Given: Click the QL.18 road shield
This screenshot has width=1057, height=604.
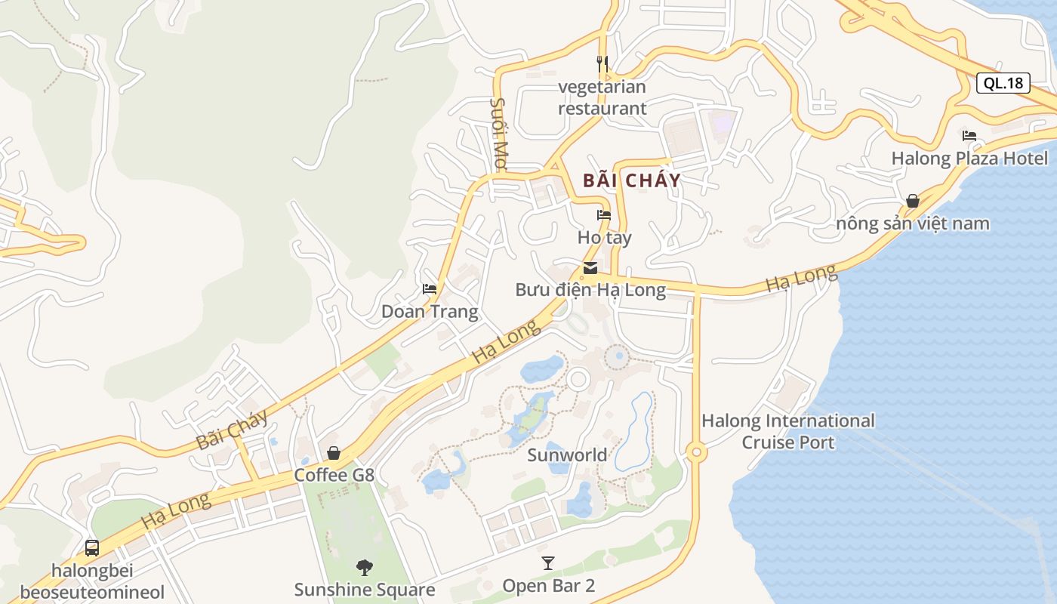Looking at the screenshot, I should click(1003, 83).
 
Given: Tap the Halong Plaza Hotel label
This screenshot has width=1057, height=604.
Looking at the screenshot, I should click(969, 159).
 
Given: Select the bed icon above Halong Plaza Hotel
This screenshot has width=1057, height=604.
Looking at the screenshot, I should click(969, 136).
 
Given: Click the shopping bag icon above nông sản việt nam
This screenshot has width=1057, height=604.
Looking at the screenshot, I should click(913, 201).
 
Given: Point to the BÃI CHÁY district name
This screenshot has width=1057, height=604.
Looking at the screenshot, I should click(632, 180).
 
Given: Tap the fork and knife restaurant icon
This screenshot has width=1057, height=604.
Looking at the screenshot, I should click(602, 63).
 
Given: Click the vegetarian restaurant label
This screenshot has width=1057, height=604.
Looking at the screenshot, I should click(602, 97).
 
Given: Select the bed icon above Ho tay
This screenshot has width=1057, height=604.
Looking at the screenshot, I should click(604, 215).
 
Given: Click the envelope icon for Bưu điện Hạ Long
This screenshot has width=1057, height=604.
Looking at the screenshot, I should click(590, 268).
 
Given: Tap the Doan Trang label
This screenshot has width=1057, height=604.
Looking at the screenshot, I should click(429, 312).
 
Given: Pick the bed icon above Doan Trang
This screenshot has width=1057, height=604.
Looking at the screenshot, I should click(430, 289).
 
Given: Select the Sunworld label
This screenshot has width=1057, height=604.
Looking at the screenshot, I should click(567, 455).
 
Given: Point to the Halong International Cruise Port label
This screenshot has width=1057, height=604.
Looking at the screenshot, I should click(788, 431).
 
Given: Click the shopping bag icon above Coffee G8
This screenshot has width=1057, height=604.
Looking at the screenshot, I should click(334, 453).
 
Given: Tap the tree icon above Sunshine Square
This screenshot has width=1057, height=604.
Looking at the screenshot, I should click(365, 567).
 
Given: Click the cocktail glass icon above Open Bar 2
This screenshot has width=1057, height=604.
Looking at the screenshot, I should click(548, 563).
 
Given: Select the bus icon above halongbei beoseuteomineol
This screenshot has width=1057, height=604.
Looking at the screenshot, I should click(92, 548).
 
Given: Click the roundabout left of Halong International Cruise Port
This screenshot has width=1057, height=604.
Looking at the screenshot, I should click(695, 453).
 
